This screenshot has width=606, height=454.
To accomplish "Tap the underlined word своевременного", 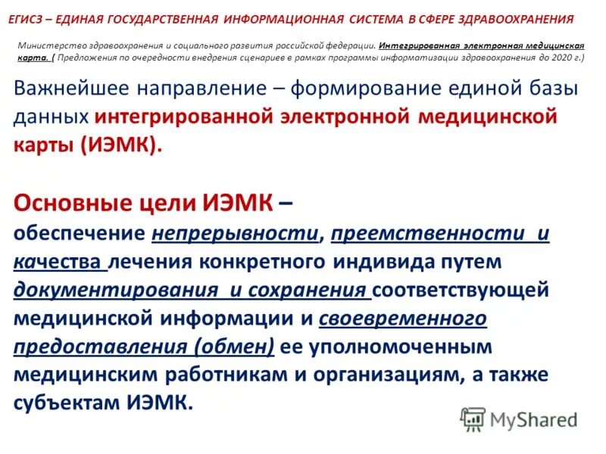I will point(402,319).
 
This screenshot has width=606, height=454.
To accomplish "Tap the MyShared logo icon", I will point(473,419).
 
